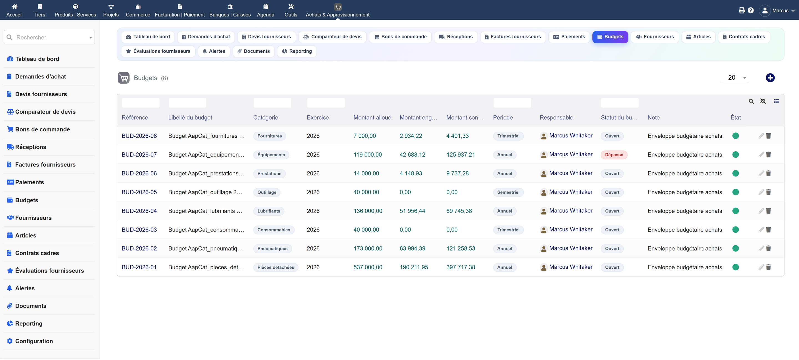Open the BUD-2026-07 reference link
pyautogui.click(x=139, y=155)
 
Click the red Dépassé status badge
pyautogui.click(x=614, y=155)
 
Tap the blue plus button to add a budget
pyautogui.click(x=770, y=78)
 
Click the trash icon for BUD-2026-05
pyautogui.click(x=768, y=192)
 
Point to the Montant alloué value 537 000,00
pyautogui.click(x=368, y=267)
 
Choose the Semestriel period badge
pyautogui.click(x=508, y=192)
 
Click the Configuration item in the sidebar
pyautogui.click(x=34, y=341)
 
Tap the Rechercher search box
pyautogui.click(x=49, y=37)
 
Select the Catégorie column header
pyautogui.click(x=266, y=118)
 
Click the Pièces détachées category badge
pyautogui.click(x=275, y=268)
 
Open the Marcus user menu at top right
pyautogui.click(x=777, y=11)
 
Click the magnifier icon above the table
pyautogui.click(x=751, y=102)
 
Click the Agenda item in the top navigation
pyautogui.click(x=266, y=11)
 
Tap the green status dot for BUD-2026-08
pyautogui.click(x=735, y=136)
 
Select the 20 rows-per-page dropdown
pyautogui.click(x=735, y=78)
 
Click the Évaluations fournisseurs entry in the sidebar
pyautogui.click(x=45, y=271)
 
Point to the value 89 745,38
pyautogui.click(x=459, y=211)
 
